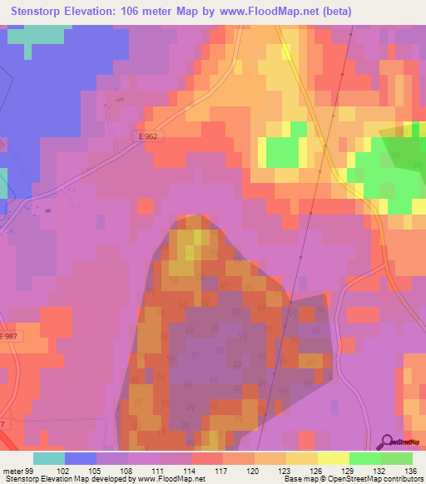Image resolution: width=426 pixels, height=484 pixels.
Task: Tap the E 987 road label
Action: point(8,335)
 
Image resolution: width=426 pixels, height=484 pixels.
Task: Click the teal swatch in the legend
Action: point(49,458)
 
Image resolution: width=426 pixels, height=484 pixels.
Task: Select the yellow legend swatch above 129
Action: point(334,458)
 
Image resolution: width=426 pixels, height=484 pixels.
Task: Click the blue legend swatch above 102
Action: point(81,458)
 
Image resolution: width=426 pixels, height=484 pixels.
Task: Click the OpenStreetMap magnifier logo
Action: point(388,443)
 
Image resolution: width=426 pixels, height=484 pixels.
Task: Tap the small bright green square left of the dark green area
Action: point(284,151)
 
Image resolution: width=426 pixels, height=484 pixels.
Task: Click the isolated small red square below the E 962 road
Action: point(146,206)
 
